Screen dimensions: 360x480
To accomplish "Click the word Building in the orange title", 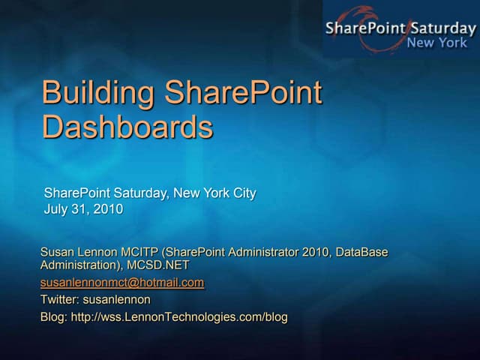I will [98, 94].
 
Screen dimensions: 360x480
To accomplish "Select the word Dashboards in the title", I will [127, 127].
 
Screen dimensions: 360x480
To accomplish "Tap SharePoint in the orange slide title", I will [243, 94].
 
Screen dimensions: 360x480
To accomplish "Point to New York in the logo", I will [436, 43].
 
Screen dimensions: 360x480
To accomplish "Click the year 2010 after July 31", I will [109, 209].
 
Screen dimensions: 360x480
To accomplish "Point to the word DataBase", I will [361, 253].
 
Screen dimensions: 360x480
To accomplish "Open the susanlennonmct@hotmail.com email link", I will [121, 283].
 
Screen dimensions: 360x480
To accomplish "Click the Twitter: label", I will [59, 300].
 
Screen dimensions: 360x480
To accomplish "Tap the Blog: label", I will [53, 317].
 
